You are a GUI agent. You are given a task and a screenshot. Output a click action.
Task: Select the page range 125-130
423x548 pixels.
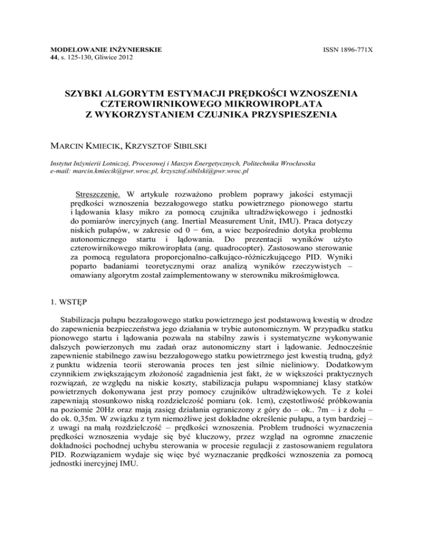(77, 57)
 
